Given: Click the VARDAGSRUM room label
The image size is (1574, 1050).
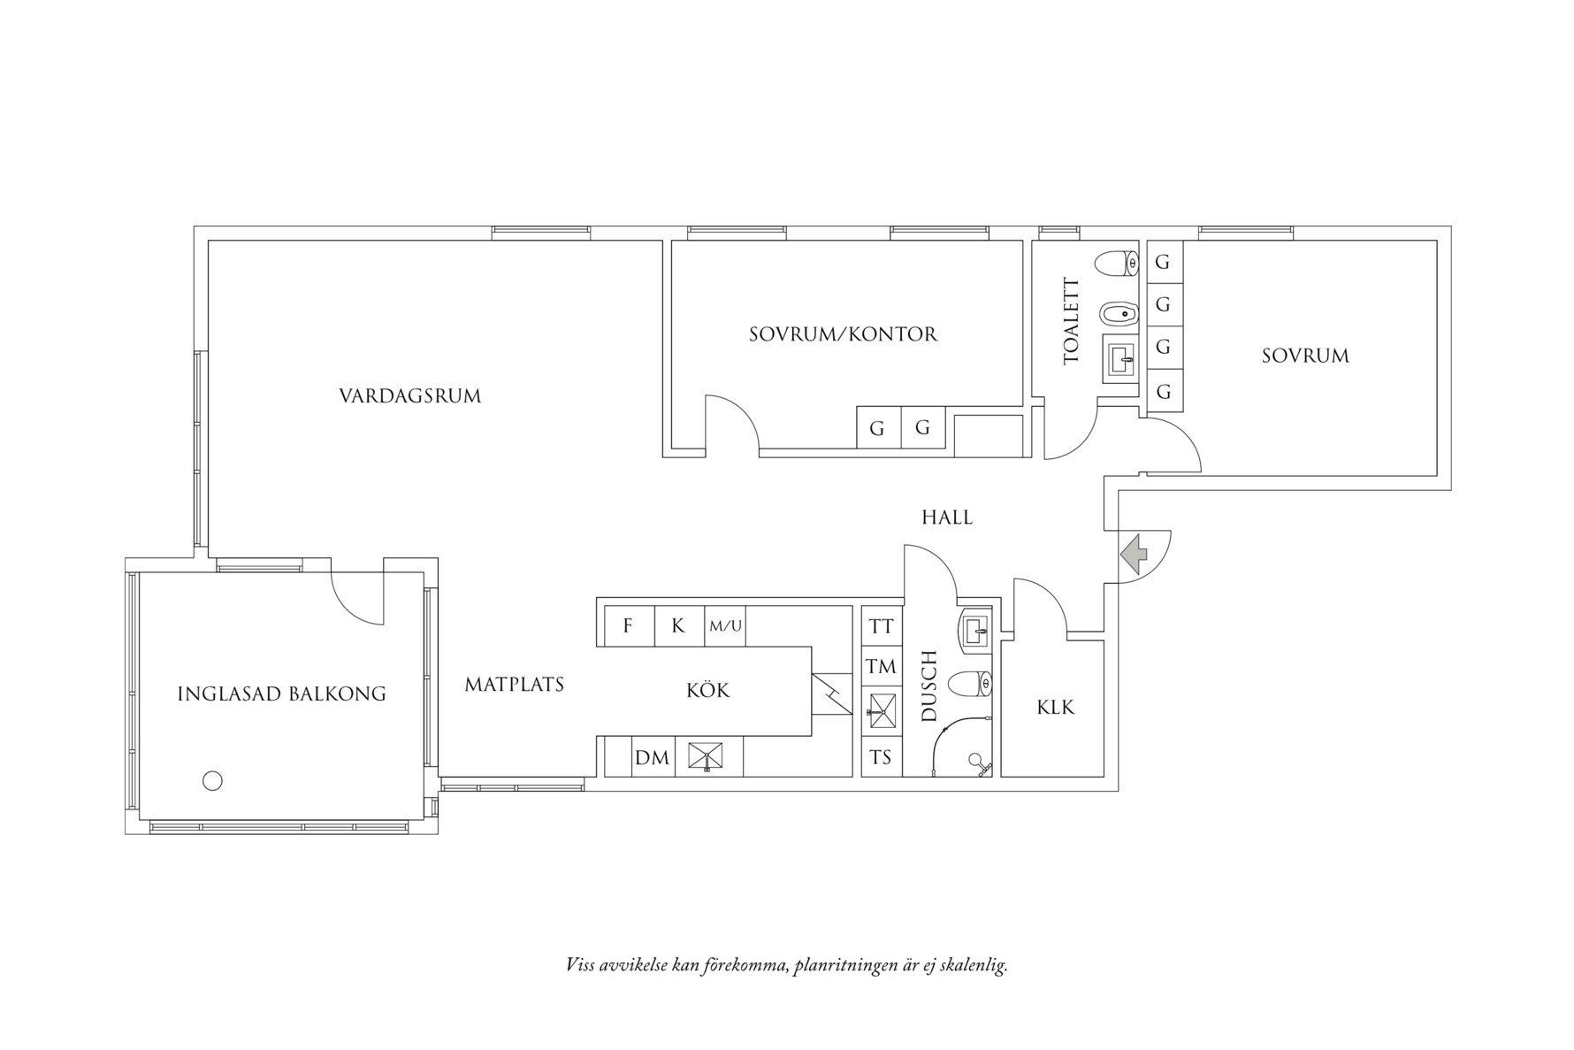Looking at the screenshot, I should pyautogui.click(x=409, y=395).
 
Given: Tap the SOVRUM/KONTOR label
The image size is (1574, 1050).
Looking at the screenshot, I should pyautogui.click(x=843, y=334).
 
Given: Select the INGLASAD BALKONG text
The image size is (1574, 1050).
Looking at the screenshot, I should pyautogui.click(x=281, y=694).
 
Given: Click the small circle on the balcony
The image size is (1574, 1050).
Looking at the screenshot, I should pyautogui.click(x=212, y=780).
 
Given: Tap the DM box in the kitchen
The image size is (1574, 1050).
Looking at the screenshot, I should pyautogui.click(x=652, y=758).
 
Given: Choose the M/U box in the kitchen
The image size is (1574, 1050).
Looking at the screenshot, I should pyautogui.click(x=725, y=626).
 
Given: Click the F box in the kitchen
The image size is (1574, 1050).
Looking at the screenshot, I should pyautogui.click(x=628, y=626).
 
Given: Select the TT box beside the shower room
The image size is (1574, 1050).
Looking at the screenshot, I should pyautogui.click(x=881, y=626).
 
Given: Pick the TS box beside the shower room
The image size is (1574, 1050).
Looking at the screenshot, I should pyautogui.click(x=881, y=758).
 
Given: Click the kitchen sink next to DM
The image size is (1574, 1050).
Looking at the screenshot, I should pyautogui.click(x=706, y=757).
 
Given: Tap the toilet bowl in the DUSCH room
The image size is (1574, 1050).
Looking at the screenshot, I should pyautogui.click(x=970, y=683).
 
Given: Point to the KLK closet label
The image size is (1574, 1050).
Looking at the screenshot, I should pyautogui.click(x=1055, y=708).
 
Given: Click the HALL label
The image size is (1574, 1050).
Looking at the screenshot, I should pyautogui.click(x=947, y=517).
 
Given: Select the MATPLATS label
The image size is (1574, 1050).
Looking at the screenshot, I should pyautogui.click(x=514, y=684).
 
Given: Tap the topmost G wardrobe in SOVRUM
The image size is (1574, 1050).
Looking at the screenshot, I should pyautogui.click(x=1163, y=263).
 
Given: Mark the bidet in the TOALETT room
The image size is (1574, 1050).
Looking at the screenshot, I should pyautogui.click(x=1119, y=312).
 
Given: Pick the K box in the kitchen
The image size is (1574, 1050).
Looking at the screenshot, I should pyautogui.click(x=678, y=626).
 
